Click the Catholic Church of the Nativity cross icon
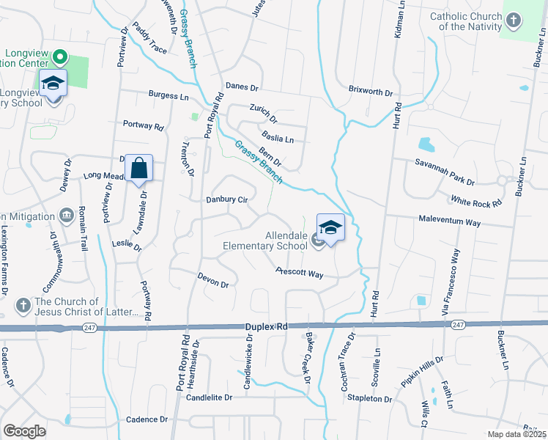coord(514,20)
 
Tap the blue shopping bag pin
coord(138,169)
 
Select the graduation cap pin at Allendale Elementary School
coord(330,227)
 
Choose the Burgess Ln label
coord(169,95)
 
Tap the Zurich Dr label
coord(264,113)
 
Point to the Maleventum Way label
coord(449,221)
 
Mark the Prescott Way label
coord(300,273)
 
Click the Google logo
coord(24,431)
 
